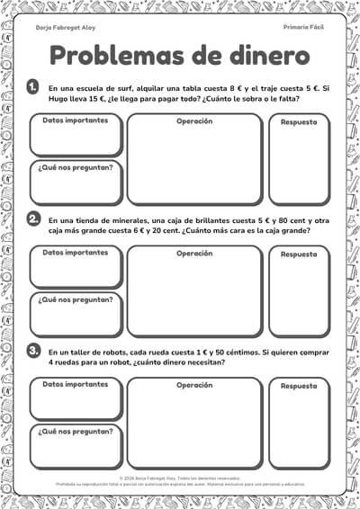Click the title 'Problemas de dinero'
tap(180, 56)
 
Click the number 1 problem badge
tap(33, 87)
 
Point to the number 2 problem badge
tap(33, 219)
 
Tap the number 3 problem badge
tap(33, 350)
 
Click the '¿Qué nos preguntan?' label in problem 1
tap(76, 167)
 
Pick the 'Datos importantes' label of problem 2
tap(76, 252)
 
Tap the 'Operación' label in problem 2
tap(194, 253)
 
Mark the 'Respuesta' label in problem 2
tap(298, 254)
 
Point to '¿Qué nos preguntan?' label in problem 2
tap(76, 299)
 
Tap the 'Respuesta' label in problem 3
tap(298, 386)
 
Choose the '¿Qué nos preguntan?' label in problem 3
tap(76, 431)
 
